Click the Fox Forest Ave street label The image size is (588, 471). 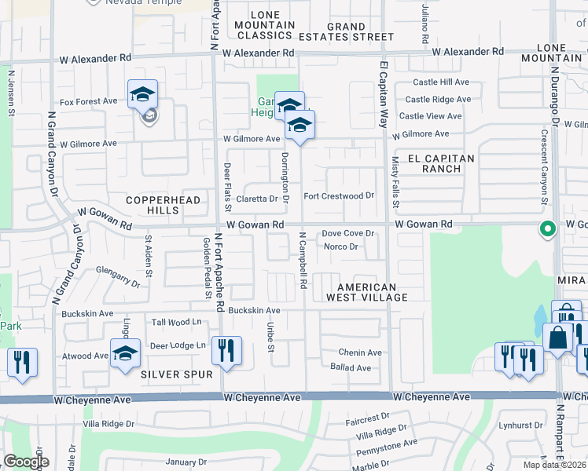pyautogui.click(x=88, y=101)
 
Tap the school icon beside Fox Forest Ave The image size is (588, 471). pyautogui.click(x=142, y=95)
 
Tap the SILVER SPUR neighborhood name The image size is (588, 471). pyautogui.click(x=176, y=374)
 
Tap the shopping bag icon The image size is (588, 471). pyautogui.click(x=557, y=338)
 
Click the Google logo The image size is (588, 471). pyautogui.click(x=26, y=462)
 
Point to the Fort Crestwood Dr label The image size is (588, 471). pyautogui.click(x=338, y=195)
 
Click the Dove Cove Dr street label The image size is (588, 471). pyautogui.click(x=347, y=234)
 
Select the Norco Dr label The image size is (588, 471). pyautogui.click(x=341, y=246)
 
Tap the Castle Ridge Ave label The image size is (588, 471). pyautogui.click(x=437, y=99)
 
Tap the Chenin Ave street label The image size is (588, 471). pyautogui.click(x=359, y=352)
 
